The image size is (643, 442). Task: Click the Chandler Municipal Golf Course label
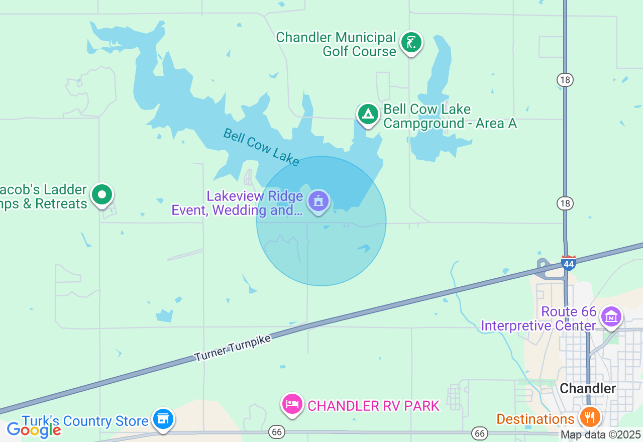(336, 44)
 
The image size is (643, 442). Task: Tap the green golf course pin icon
(411, 42)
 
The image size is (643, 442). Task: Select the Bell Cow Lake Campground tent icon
(368, 114)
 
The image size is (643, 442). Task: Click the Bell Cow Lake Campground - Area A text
(450, 117)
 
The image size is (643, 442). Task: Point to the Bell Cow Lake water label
(261, 147)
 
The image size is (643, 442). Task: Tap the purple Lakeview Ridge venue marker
(318, 201)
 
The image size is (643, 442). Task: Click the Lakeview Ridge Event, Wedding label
(237, 203)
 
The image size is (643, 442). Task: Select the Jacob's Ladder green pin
(102, 194)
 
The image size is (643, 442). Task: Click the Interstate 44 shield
(568, 263)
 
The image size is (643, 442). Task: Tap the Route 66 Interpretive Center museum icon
(611, 316)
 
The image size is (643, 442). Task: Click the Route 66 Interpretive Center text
(538, 319)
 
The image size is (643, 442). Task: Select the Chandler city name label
(588, 388)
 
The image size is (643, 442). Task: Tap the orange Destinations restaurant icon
(590, 417)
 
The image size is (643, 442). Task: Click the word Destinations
(535, 419)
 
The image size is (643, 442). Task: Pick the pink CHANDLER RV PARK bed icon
(292, 403)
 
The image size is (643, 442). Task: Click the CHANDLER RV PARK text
(373, 406)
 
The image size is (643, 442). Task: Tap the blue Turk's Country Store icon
(163, 418)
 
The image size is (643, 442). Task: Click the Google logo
(34, 429)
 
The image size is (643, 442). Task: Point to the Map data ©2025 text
(600, 434)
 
